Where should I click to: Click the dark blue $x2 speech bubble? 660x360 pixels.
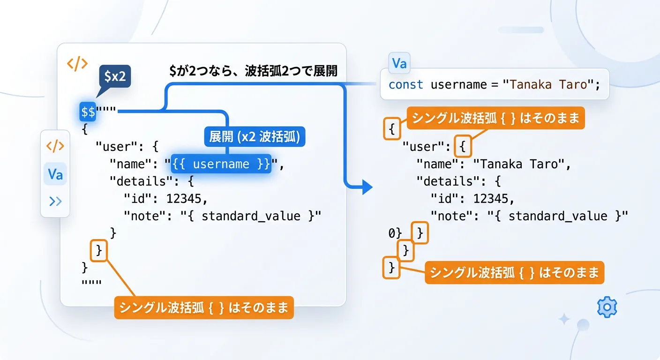tap(115, 76)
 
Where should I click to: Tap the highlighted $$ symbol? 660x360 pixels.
tap(88, 112)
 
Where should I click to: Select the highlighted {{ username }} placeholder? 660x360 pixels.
tap(221, 164)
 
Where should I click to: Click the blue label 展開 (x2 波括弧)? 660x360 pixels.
tap(255, 137)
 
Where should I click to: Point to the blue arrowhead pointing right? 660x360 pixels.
tap(367, 187)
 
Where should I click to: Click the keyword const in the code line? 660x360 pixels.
tap(406, 85)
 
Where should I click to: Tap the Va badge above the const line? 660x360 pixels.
tap(399, 63)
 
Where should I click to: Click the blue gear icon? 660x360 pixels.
tap(607, 307)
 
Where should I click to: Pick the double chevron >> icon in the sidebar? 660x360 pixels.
tap(55, 201)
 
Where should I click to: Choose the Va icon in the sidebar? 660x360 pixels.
tap(55, 174)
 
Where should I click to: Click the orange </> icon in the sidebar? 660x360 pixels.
tap(55, 146)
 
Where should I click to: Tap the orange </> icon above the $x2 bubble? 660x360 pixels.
tap(77, 64)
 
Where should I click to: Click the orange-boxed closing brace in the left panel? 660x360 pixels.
tap(99, 251)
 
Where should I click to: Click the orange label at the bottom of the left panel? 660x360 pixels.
tap(204, 307)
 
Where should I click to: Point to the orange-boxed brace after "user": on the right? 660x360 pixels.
tap(463, 146)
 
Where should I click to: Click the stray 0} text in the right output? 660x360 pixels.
tap(395, 233)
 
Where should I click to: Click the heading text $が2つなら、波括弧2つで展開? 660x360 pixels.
tap(254, 71)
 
